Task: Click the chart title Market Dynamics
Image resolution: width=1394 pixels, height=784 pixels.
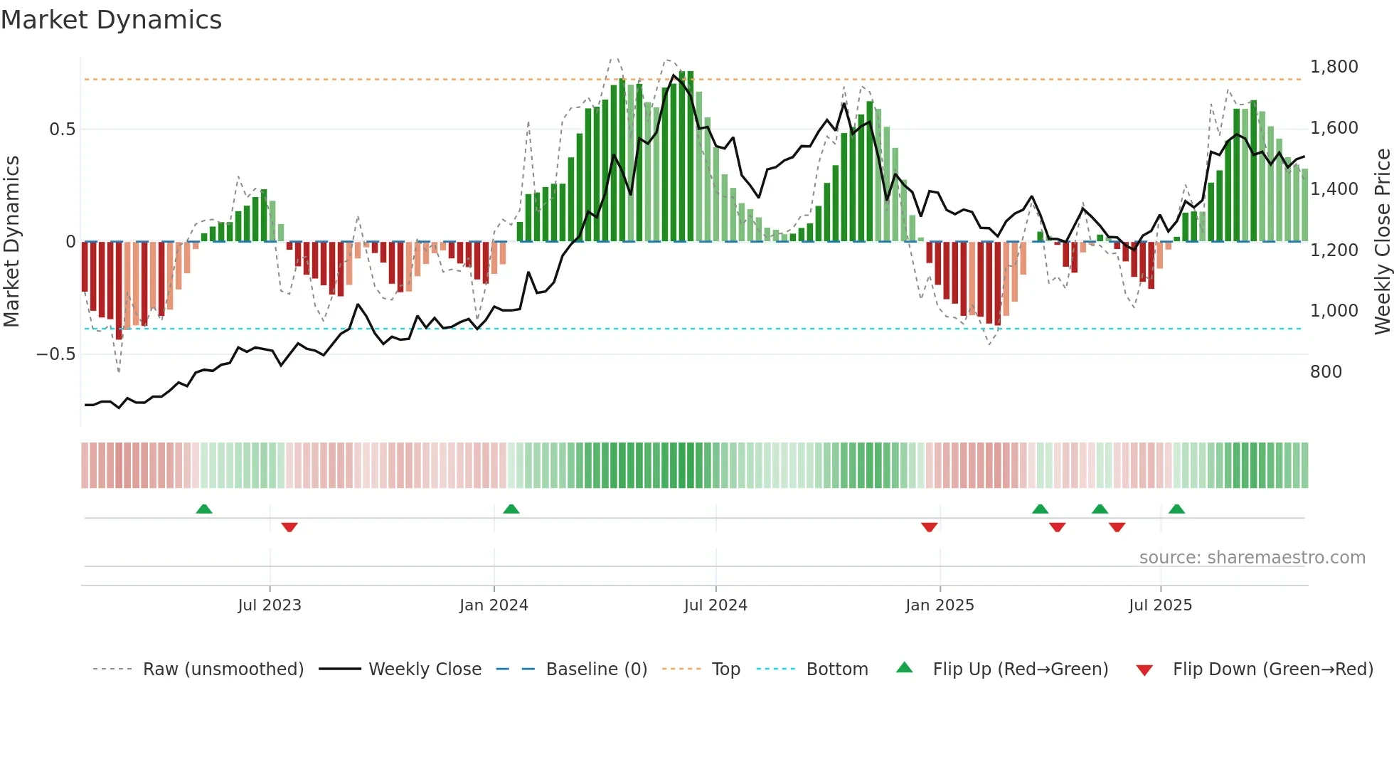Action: pyautogui.click(x=112, y=20)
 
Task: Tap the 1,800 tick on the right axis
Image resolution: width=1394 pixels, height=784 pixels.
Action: pyautogui.click(x=1334, y=67)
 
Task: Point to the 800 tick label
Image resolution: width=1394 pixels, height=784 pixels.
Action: pyautogui.click(x=1326, y=372)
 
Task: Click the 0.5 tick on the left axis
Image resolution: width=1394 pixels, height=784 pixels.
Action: pyautogui.click(x=62, y=129)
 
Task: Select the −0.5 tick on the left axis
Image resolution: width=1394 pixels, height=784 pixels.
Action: pyautogui.click(x=55, y=354)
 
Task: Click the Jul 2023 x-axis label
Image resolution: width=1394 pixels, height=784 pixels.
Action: pyautogui.click(x=270, y=605)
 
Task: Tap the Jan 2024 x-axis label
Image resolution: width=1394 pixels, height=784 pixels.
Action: pyautogui.click(x=494, y=605)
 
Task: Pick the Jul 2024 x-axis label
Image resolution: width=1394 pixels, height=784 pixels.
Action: pyautogui.click(x=715, y=605)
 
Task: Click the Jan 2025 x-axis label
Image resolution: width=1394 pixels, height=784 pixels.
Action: pyautogui.click(x=940, y=605)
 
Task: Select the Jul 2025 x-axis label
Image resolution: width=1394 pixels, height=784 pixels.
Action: pyautogui.click(x=1160, y=605)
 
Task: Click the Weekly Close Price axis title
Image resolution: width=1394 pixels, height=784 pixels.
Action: pyautogui.click(x=1382, y=242)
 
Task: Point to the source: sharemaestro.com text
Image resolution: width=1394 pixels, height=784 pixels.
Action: pyautogui.click(x=1252, y=558)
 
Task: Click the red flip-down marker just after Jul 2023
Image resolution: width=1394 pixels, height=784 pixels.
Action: pyautogui.click(x=289, y=527)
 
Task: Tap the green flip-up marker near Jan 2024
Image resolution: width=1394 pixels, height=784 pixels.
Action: pyautogui.click(x=511, y=509)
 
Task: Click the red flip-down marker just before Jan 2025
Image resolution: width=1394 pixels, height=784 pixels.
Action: pyautogui.click(x=929, y=527)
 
